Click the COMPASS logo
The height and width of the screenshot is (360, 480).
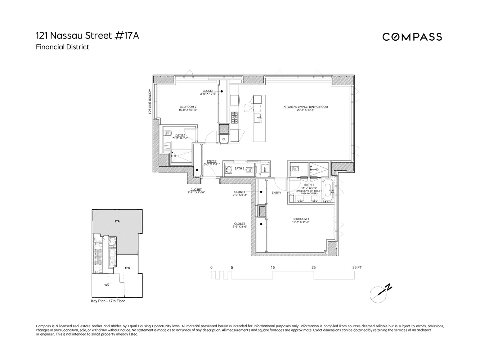(412, 37)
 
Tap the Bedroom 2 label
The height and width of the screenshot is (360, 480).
(188, 107)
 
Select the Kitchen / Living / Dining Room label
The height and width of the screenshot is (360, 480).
(305, 107)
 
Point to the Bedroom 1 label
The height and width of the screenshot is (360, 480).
(300, 219)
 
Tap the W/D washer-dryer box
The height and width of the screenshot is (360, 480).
(264, 169)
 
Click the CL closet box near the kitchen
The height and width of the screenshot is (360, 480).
(224, 139)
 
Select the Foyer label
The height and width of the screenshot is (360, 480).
(212, 161)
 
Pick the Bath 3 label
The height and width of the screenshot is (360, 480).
(239, 168)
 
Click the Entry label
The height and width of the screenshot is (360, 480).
(276, 193)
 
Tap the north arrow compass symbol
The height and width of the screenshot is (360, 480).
(380, 293)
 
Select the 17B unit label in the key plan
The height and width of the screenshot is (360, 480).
(127, 268)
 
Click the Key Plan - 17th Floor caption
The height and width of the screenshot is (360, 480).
(108, 301)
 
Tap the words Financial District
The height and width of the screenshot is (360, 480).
(62, 47)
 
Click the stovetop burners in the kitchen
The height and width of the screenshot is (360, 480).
(235, 116)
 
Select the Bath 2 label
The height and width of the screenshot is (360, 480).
(180, 135)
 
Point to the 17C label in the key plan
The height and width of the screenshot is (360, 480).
(107, 285)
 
